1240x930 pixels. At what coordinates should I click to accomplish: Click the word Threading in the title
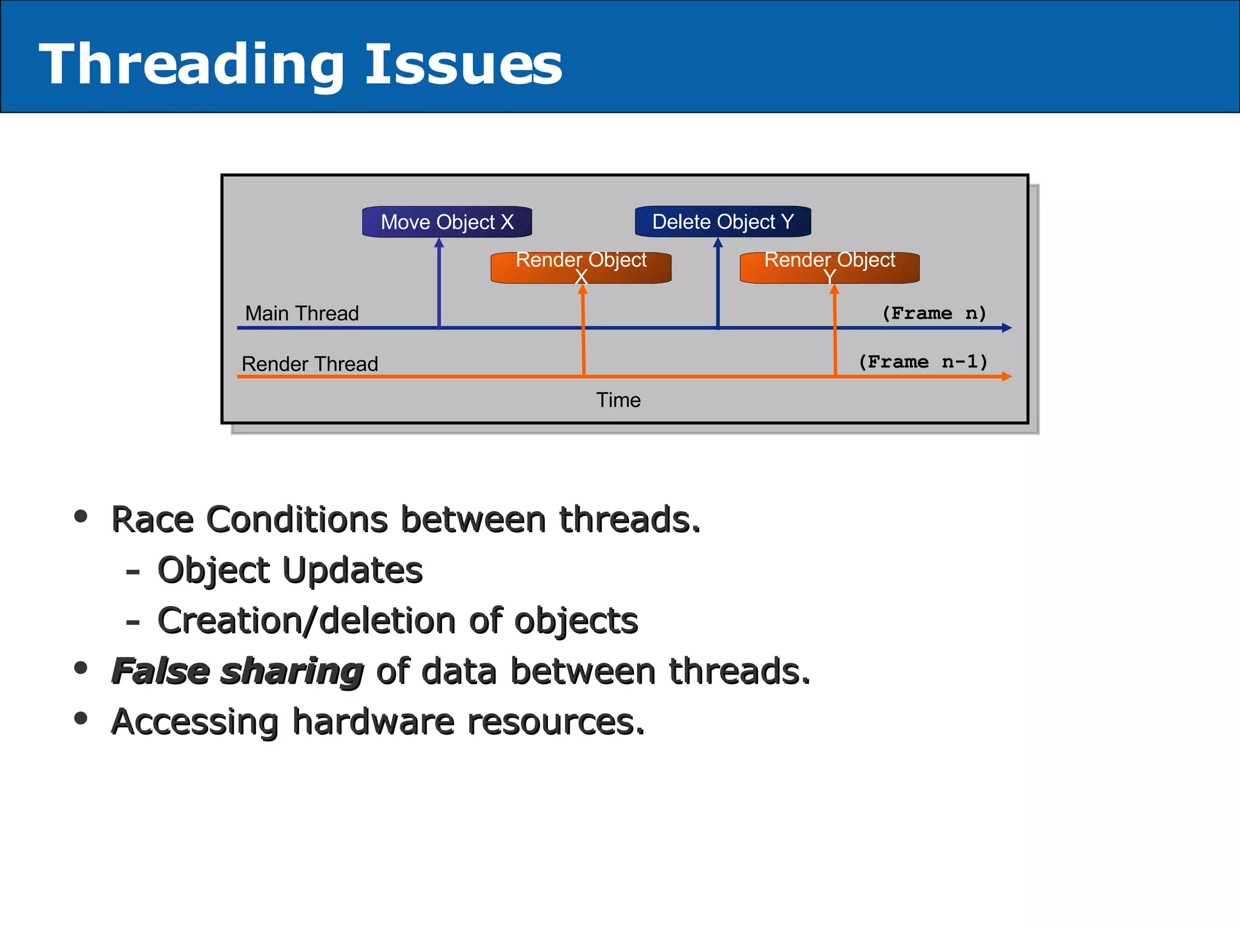tap(191, 65)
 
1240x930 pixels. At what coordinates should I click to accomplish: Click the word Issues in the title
tap(463, 65)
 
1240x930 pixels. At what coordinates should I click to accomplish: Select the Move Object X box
tap(447, 222)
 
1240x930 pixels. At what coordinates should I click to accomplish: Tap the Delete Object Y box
tap(722, 222)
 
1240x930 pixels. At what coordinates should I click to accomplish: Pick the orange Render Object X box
tap(581, 268)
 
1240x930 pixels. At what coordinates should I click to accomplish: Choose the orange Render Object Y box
tap(829, 268)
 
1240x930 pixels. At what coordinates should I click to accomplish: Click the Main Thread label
tap(302, 314)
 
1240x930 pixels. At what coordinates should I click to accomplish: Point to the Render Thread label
tap(309, 364)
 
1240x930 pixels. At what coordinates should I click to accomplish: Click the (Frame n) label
tap(934, 313)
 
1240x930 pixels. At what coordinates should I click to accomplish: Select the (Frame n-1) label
tap(923, 362)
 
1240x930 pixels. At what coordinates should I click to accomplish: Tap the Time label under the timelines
tap(618, 400)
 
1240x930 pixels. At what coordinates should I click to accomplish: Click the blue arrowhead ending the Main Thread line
tap(1006, 328)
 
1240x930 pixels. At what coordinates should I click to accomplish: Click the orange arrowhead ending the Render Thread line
tap(1006, 377)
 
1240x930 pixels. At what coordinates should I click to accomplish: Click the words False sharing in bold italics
tap(237, 671)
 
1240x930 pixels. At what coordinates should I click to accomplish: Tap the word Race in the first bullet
tap(151, 519)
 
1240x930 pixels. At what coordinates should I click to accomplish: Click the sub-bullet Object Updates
tap(289, 570)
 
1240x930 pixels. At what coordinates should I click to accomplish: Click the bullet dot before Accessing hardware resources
tap(81, 718)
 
